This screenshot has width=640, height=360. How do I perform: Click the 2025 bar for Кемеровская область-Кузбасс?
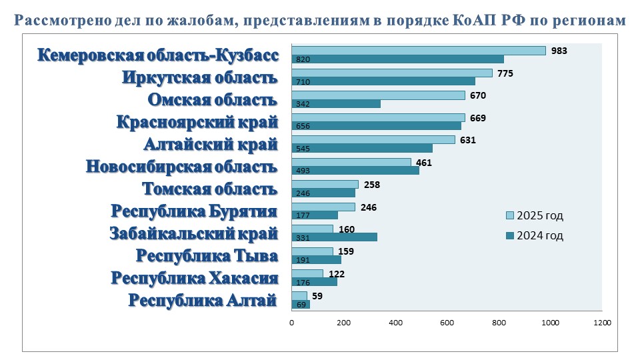419,51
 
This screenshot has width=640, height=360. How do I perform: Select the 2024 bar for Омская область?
336,104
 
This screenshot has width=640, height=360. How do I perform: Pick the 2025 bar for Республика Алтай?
299,295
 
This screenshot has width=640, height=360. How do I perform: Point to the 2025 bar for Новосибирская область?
351,162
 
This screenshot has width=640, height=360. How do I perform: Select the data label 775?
505,73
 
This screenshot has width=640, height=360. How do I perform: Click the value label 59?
317,295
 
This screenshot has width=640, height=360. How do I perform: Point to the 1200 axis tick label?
601,323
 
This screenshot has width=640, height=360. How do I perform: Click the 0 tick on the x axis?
292,323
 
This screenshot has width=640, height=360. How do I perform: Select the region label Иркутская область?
199,77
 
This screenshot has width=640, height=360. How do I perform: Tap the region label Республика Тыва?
207,256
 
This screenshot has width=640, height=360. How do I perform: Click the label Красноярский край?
197,122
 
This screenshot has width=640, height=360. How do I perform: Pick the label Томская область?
210,189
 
